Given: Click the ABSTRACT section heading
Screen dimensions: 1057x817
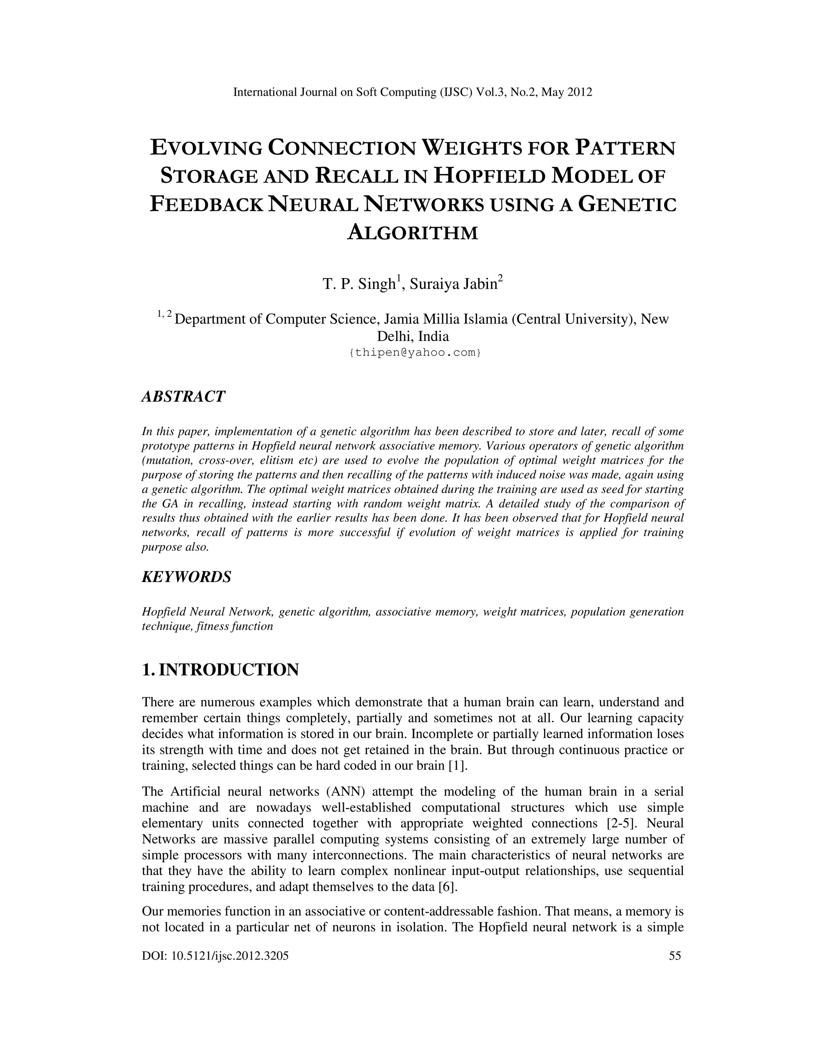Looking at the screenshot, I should coord(183,396).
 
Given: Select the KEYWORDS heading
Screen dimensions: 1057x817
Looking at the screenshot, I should coord(186,576).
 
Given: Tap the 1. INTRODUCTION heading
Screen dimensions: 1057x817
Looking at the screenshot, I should coord(220,670).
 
